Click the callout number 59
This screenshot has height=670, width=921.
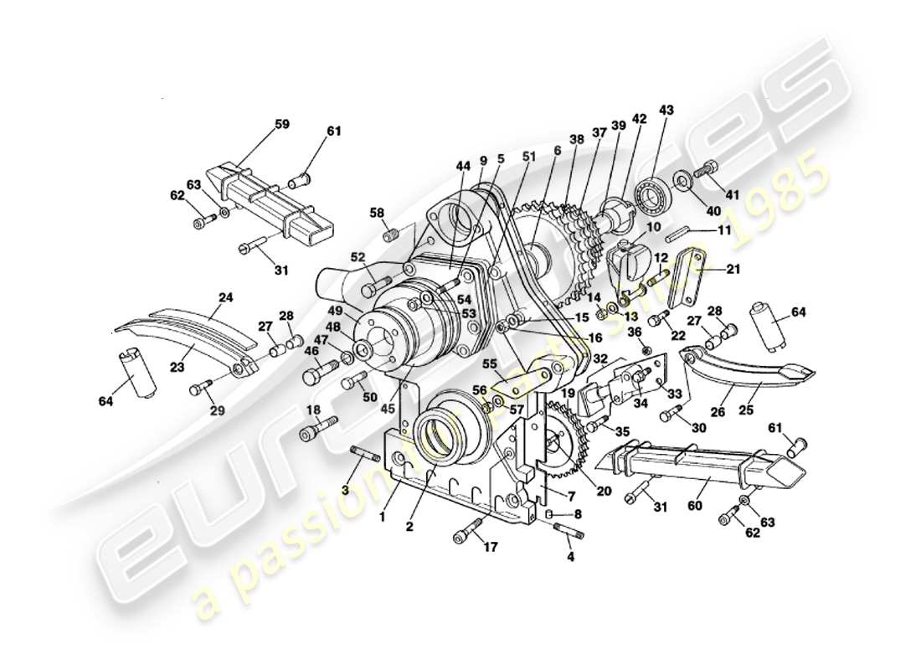point(281,124)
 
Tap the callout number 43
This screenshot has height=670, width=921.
point(666,110)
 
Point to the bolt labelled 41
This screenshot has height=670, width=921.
point(708,169)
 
